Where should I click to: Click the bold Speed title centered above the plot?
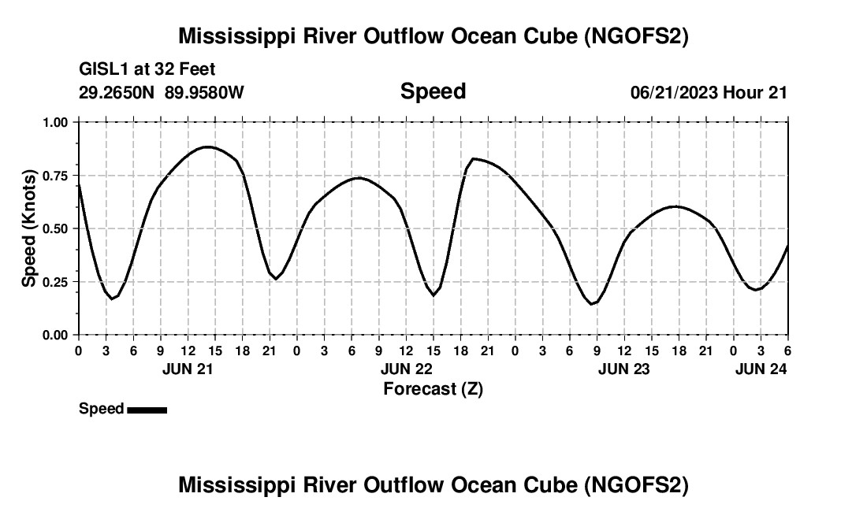(433, 91)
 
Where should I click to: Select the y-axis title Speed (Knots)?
(29, 228)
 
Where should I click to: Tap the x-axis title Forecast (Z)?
(433, 388)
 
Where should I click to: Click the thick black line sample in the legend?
(147, 410)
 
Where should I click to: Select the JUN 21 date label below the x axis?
(188, 369)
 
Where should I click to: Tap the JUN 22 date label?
(406, 369)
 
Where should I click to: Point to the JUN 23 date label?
(624, 369)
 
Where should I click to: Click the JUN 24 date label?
(761, 369)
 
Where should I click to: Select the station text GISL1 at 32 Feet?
(147, 69)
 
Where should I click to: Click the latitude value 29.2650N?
(117, 92)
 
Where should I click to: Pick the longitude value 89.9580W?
(204, 92)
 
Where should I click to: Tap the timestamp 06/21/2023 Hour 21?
(709, 92)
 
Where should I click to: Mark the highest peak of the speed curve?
(207, 147)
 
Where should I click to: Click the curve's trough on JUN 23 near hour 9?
(592, 304)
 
